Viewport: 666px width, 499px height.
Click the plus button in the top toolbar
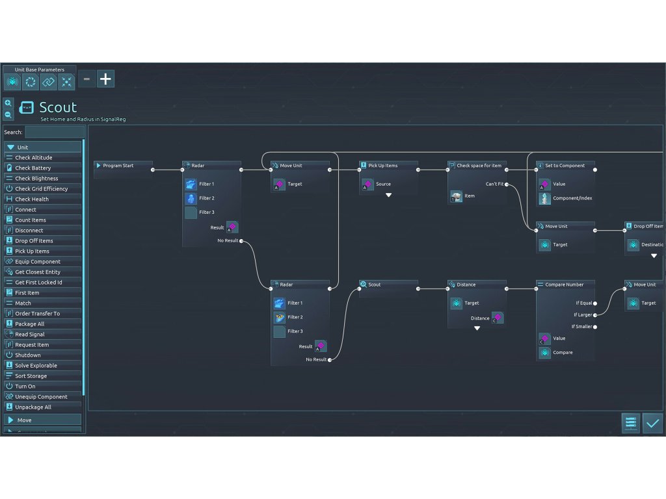point(105,79)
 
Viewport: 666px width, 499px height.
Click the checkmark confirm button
point(652,423)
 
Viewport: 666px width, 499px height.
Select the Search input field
point(54,132)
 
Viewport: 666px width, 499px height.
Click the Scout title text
point(58,107)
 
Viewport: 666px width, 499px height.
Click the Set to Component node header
point(565,166)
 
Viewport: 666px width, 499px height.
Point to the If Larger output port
point(595,315)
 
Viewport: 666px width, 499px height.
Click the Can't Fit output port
point(507,185)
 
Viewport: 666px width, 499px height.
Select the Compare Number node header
point(565,285)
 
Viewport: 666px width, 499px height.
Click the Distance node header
point(477,285)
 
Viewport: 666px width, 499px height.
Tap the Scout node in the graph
point(388,285)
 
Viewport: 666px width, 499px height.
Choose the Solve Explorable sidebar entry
point(43,366)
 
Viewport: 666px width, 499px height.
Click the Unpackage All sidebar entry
point(43,407)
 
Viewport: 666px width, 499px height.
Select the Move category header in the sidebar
point(43,420)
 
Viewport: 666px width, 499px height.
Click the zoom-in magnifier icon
point(8,103)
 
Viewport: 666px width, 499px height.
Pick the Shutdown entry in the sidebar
point(43,355)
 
